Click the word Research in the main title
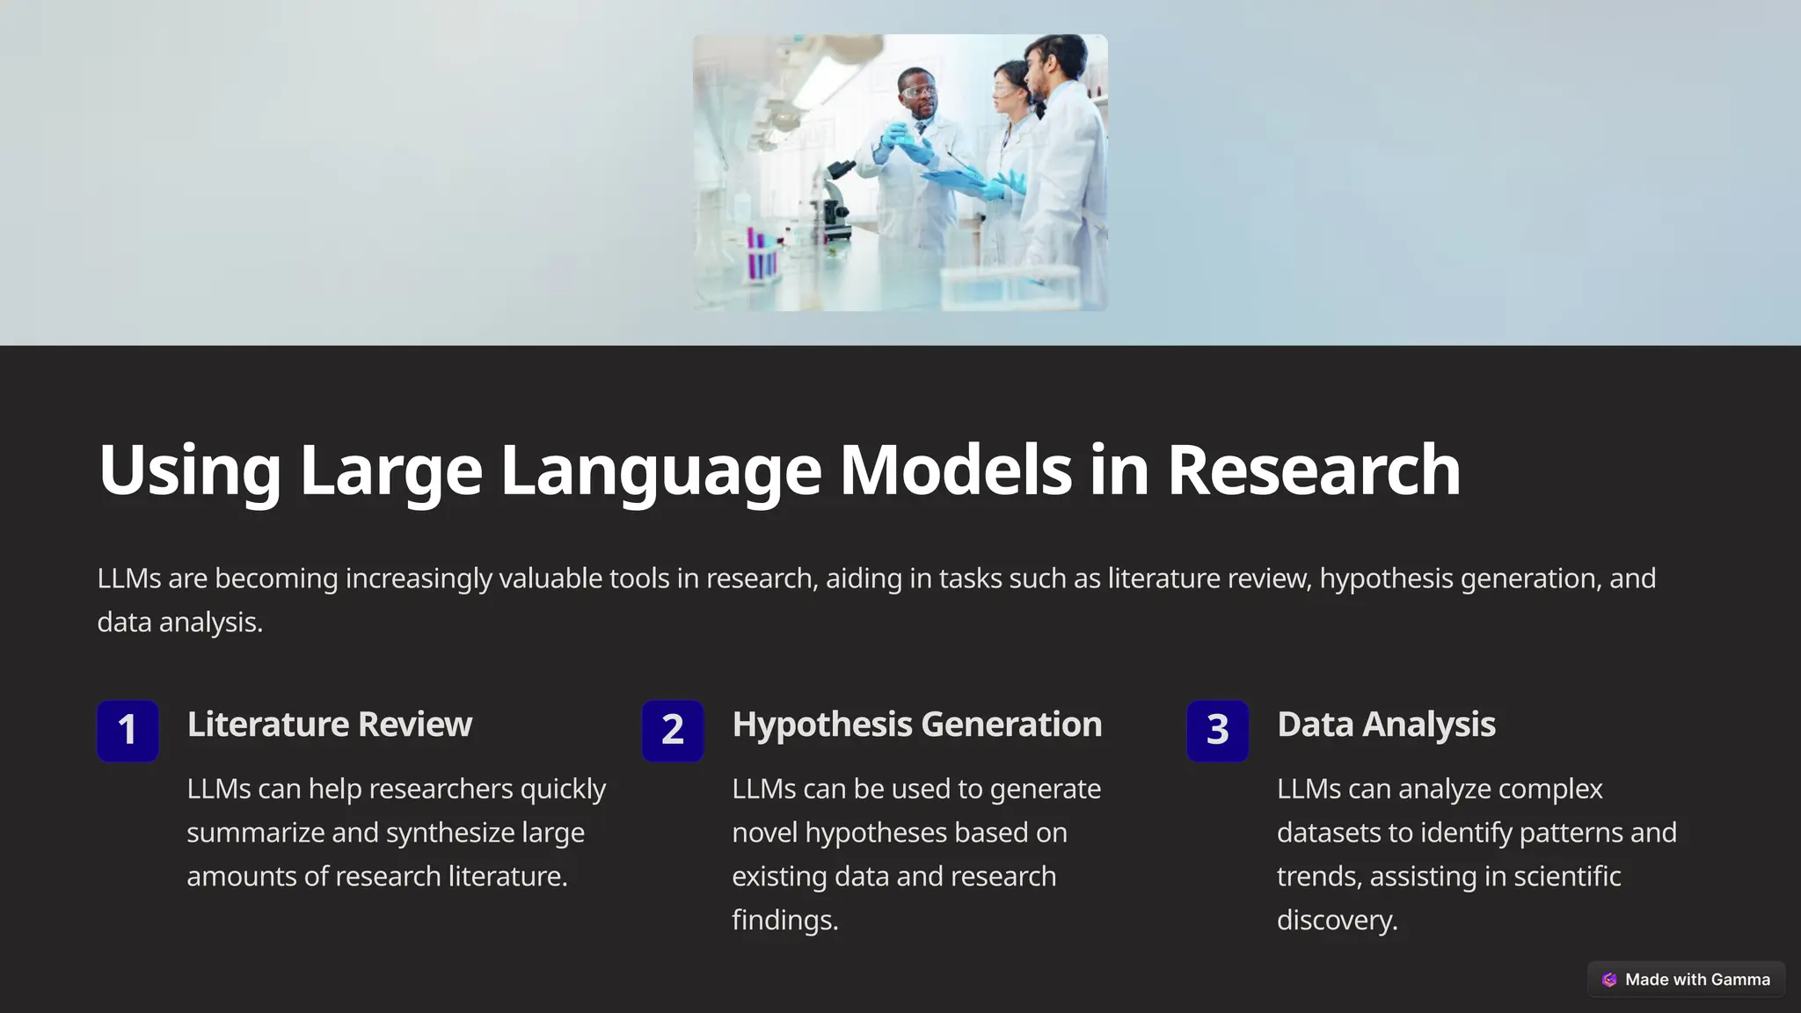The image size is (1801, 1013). tap(1314, 470)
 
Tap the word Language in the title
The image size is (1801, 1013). tap(660, 470)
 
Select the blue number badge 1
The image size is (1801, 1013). tap(128, 730)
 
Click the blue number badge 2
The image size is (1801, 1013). tap(673, 730)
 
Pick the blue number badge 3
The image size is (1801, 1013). tap(1217, 730)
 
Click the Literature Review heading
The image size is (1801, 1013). tap(330, 724)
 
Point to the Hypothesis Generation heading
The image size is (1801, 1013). tap(916, 724)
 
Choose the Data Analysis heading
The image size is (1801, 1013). tap(1386, 724)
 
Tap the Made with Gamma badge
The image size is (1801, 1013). tap(1686, 979)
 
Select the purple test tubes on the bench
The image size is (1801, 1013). tap(762, 254)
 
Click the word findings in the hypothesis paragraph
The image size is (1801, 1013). tap(784, 920)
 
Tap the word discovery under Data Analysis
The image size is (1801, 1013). tap(1337, 920)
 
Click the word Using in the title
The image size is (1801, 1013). tap(189, 470)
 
